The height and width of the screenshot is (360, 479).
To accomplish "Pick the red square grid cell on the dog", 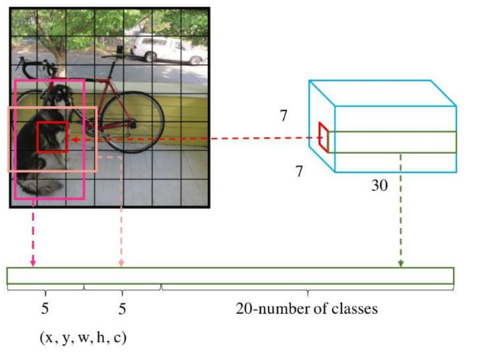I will tap(53, 137).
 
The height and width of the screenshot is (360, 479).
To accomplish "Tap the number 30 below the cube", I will tap(379, 185).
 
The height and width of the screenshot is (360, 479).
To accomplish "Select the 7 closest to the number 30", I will tap(299, 172).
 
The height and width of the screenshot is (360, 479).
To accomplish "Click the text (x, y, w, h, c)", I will tap(83, 337).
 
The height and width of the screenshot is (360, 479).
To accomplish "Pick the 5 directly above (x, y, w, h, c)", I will tap(45, 308).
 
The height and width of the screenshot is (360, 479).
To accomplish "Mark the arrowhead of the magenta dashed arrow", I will tap(33, 263).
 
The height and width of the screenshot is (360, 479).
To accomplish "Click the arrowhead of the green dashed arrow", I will tap(401, 264).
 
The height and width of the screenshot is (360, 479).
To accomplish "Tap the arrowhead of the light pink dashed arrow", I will tap(121, 264).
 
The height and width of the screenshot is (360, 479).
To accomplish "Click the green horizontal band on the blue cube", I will tap(392, 142).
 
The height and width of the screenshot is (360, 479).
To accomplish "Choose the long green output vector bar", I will tap(231, 275).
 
